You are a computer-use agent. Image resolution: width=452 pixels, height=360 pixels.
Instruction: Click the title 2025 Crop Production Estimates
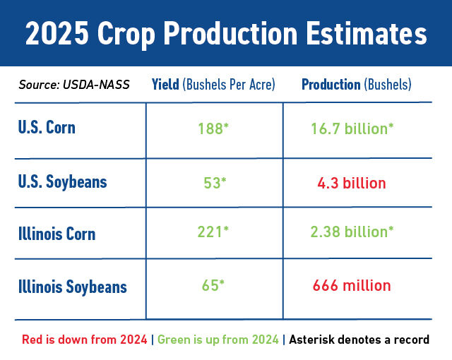click(226, 34)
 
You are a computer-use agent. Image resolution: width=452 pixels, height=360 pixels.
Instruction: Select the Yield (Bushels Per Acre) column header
click(213, 85)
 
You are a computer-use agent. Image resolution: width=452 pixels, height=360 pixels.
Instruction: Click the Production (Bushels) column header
click(357, 85)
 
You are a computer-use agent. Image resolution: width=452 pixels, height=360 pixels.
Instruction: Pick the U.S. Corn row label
click(47, 128)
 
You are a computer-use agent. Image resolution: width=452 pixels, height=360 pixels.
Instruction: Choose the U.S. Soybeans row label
click(63, 181)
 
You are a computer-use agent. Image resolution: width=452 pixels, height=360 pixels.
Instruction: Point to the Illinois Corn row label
click(57, 234)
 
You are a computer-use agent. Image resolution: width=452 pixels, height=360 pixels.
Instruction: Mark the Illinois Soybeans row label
click(73, 287)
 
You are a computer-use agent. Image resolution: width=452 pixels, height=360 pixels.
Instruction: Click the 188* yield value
click(214, 129)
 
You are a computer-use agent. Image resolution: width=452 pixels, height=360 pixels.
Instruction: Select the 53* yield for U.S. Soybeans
click(215, 184)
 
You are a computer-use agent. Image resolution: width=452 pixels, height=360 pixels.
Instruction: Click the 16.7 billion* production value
click(352, 129)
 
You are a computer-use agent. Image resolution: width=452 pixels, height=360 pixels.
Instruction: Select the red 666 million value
click(352, 286)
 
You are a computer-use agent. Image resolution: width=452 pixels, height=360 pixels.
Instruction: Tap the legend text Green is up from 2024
click(218, 340)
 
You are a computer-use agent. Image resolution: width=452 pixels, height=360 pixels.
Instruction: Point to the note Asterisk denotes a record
click(359, 340)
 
